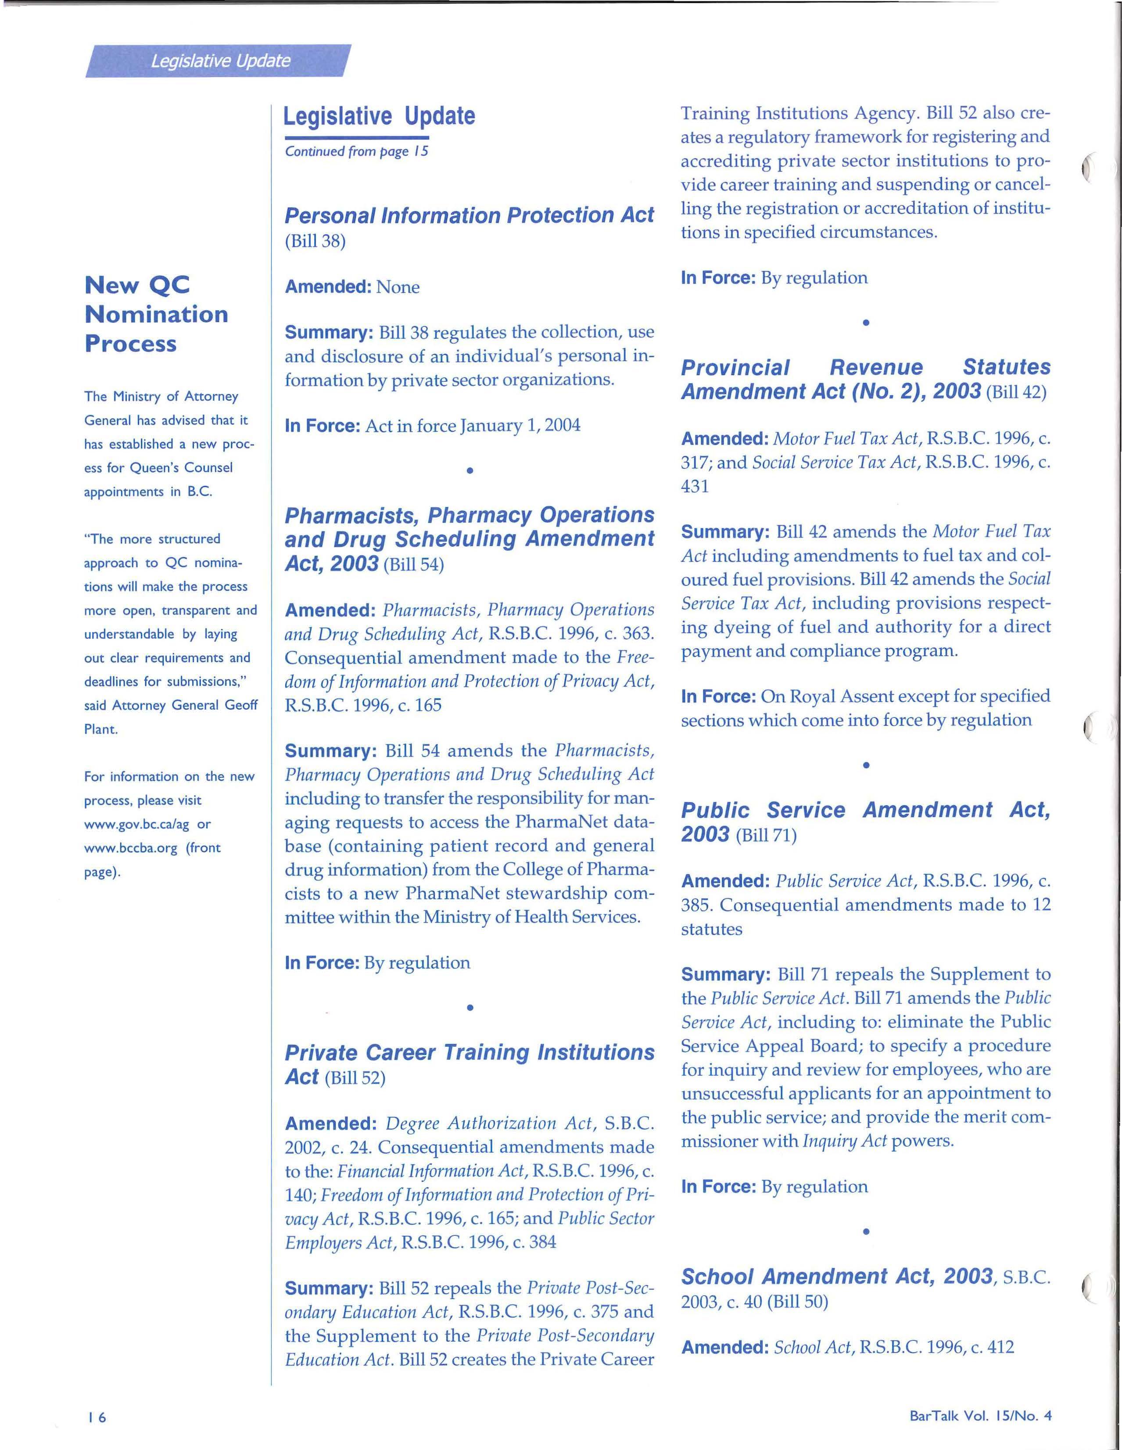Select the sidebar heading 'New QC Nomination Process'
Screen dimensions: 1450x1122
[x=156, y=314]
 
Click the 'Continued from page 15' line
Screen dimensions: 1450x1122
[x=356, y=151]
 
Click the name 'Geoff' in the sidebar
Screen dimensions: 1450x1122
[x=241, y=705]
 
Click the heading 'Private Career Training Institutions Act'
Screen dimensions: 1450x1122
[x=469, y=1064]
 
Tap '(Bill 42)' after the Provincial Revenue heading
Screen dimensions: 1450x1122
[x=1016, y=392]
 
